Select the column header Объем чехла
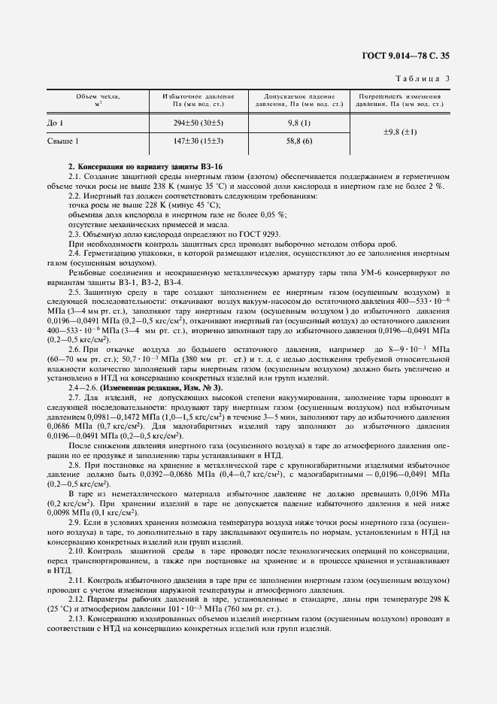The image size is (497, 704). pos(98,100)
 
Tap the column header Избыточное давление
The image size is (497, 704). pos(198,100)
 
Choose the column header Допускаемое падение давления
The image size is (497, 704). pos(299,100)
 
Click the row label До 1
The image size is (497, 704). pos(55,122)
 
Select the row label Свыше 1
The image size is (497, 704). pos(63,141)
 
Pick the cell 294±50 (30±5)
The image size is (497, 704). pos(198,122)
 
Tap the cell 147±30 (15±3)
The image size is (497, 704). pos(198,141)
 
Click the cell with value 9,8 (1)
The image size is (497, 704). pos(299,122)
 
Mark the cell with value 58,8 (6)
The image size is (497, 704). pos(299,141)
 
